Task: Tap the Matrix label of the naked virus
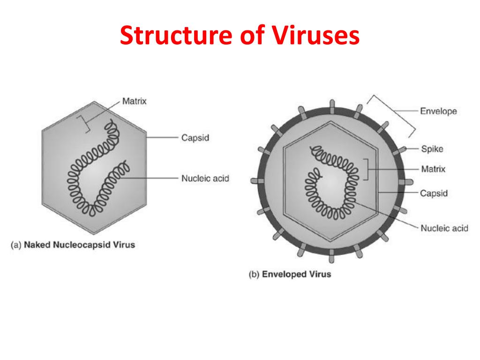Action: (134, 101)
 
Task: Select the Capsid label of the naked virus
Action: (195, 138)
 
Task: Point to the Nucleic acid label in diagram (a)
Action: (205, 178)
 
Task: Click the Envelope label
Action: (438, 111)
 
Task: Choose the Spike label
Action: (432, 149)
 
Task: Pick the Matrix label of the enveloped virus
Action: (433, 169)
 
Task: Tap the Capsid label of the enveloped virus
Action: (434, 193)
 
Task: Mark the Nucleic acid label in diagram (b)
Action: (444, 228)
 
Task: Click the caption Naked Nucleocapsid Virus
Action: (79, 245)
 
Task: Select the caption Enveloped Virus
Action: (296, 274)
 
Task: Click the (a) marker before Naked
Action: (16, 245)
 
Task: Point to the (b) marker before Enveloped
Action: (254, 274)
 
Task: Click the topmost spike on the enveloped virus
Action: (331, 104)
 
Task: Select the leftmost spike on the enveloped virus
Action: (256, 180)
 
